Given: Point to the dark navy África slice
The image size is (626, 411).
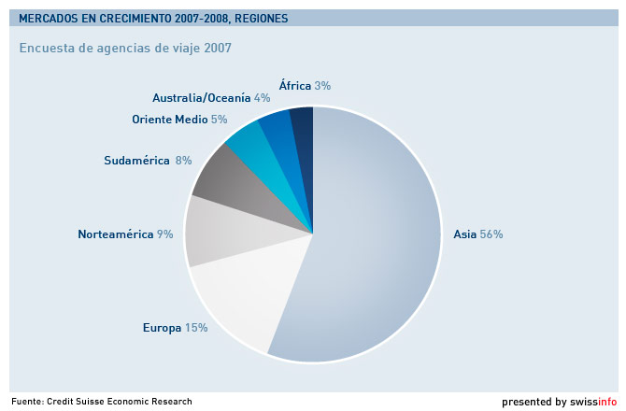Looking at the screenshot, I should pyautogui.click(x=301, y=126).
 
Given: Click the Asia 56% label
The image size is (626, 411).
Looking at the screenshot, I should pyautogui.click(x=477, y=234).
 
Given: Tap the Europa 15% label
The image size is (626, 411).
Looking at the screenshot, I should pyautogui.click(x=175, y=328).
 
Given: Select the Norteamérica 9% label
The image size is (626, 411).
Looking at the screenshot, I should pyautogui.click(x=125, y=234).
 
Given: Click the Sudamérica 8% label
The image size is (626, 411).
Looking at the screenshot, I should pyautogui.click(x=148, y=161).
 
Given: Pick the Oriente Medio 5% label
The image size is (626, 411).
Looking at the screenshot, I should pyautogui.click(x=179, y=120).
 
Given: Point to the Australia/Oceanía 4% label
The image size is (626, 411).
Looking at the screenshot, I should pyautogui.click(x=211, y=97).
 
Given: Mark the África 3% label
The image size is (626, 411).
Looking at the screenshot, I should pyautogui.click(x=305, y=85).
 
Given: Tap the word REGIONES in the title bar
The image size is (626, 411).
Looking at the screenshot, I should pyautogui.click(x=261, y=19).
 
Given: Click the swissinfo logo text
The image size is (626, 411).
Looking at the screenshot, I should pyautogui.click(x=597, y=402).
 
